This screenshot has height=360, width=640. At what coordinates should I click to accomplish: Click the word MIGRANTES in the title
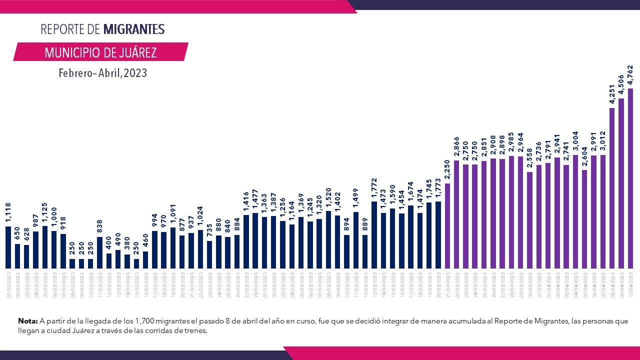coord(133,29)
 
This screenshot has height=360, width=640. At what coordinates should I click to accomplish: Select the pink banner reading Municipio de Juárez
coord(100,52)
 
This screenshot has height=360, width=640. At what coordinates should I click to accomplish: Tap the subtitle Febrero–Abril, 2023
coord(102,73)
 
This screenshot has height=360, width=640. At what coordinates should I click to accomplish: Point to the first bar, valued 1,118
coord(8,247)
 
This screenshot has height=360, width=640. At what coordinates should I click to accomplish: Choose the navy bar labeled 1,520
coord(328,239)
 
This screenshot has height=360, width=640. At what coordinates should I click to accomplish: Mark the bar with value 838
coord(99,252)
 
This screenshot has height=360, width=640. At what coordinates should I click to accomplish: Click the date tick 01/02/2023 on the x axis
coord(8,284)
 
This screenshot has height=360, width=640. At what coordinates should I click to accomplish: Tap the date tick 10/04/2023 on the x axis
coord(630,284)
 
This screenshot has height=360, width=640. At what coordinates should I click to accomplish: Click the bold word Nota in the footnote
coord(27,321)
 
